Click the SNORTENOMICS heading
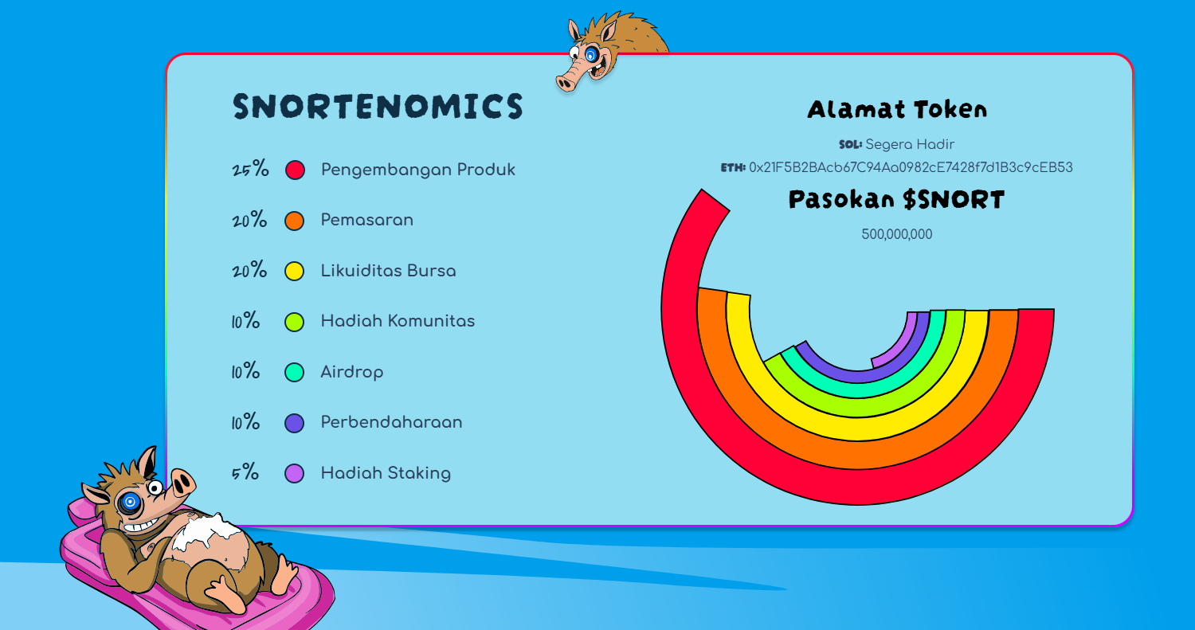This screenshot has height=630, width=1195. (x=378, y=107)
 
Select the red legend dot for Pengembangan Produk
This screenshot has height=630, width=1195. (x=295, y=170)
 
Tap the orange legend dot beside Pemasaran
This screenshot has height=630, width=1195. (x=295, y=221)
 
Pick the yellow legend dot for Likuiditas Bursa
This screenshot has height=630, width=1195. (x=295, y=271)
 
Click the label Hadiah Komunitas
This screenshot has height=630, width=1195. (x=398, y=321)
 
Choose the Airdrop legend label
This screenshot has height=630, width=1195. (x=351, y=372)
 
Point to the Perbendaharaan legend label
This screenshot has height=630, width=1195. (x=391, y=422)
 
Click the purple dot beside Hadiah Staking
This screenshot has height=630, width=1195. (x=295, y=473)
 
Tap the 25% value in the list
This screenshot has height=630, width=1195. (x=250, y=170)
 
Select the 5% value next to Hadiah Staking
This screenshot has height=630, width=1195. (x=245, y=473)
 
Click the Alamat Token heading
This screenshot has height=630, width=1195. (x=897, y=109)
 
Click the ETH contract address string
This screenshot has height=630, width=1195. (x=911, y=168)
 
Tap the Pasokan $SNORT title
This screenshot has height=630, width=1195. (x=897, y=199)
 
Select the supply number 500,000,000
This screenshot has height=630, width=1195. (x=897, y=234)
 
